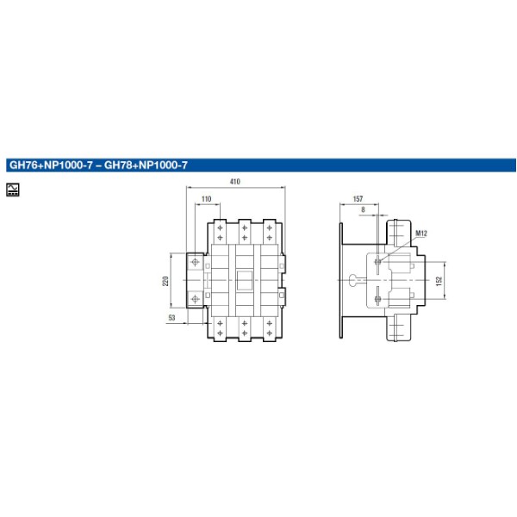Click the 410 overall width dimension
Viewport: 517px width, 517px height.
(x=234, y=182)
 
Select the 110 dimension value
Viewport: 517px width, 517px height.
(x=206, y=199)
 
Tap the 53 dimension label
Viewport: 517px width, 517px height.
(x=171, y=318)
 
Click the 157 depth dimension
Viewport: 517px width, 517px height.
(x=358, y=199)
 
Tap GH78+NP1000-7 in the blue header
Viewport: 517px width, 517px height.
(x=146, y=165)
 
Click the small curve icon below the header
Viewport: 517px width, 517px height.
(x=14, y=189)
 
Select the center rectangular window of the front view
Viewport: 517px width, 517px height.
(x=245, y=280)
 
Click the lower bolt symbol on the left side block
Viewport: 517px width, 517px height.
(x=194, y=298)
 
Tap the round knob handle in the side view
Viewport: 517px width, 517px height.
(x=354, y=280)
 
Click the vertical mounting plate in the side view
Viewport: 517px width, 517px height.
(x=343, y=280)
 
